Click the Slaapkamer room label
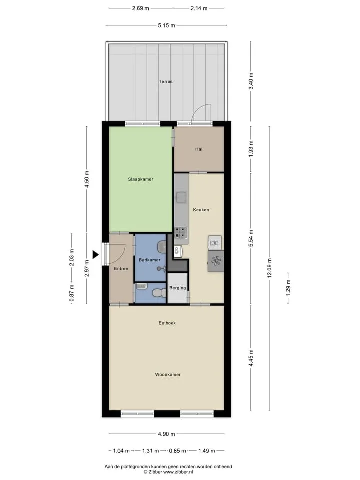click(x=141, y=179)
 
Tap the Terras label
click(x=165, y=81)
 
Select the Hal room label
click(x=199, y=149)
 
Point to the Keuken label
click(x=201, y=210)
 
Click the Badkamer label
click(x=149, y=260)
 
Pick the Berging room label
click(x=178, y=288)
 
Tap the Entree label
click(x=121, y=269)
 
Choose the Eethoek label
click(x=167, y=323)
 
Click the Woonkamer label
click(x=168, y=374)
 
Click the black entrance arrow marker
click(x=96, y=254)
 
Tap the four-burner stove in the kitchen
click(x=180, y=232)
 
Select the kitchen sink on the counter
click(x=181, y=197)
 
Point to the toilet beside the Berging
click(x=157, y=293)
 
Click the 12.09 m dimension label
click(x=269, y=268)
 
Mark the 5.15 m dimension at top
click(x=167, y=25)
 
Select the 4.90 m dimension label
click(x=167, y=434)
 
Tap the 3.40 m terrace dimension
click(x=251, y=81)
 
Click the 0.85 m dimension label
click(x=178, y=451)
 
